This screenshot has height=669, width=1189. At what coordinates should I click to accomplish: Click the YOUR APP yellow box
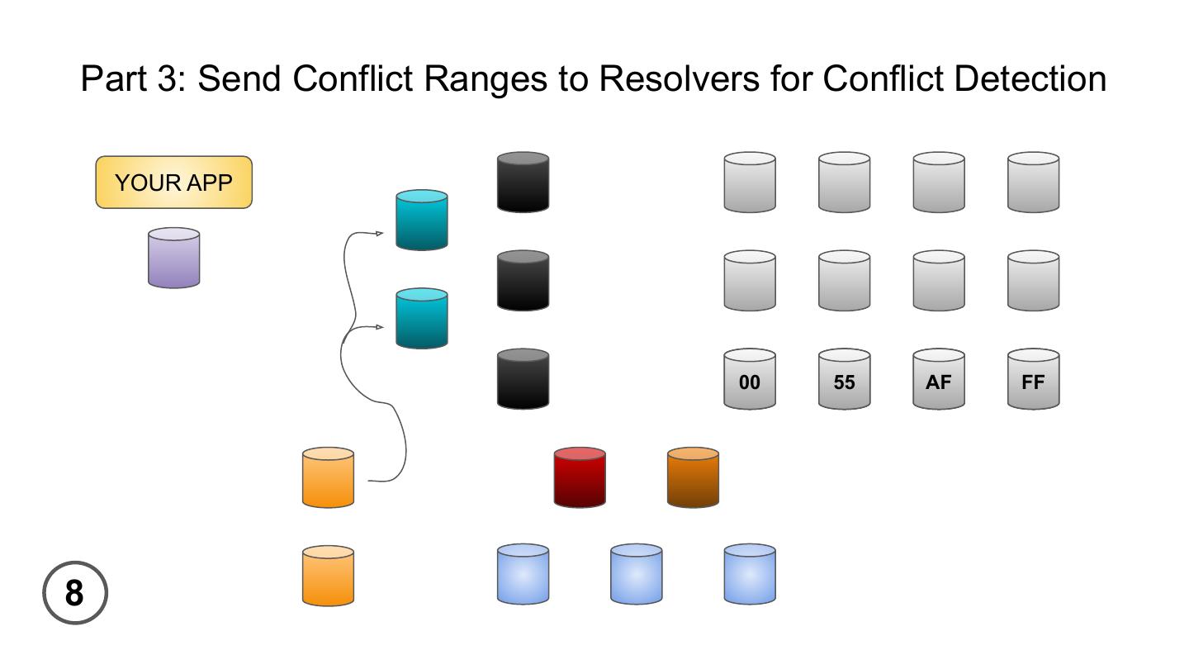[x=173, y=183]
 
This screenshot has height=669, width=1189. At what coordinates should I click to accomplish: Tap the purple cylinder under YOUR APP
[x=173, y=259]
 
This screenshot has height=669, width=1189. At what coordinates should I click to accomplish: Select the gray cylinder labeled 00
[x=750, y=379]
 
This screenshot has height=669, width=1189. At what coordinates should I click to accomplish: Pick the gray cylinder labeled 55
[x=844, y=379]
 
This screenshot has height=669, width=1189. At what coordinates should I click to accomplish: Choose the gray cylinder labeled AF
[x=939, y=379]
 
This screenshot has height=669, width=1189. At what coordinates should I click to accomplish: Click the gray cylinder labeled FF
[x=1033, y=379]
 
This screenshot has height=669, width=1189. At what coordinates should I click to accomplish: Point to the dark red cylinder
[x=580, y=477]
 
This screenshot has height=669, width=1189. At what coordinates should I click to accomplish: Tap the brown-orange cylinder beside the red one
[x=693, y=477]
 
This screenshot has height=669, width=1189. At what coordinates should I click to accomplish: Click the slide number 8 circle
[x=75, y=593]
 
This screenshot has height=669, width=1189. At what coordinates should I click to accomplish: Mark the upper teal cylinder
[x=422, y=220]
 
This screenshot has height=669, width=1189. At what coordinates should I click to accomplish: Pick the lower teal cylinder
[x=422, y=318]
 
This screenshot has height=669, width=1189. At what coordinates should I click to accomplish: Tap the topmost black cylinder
[x=523, y=182]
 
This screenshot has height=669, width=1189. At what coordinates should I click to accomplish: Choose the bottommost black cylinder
[x=523, y=379]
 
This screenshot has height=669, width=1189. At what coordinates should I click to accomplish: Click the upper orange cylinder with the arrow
[x=328, y=477]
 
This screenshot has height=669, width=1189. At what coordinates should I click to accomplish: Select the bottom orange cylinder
[x=328, y=576]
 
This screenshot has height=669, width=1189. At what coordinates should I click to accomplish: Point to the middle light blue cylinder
[x=636, y=574]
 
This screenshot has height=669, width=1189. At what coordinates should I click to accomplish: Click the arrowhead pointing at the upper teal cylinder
[x=380, y=234]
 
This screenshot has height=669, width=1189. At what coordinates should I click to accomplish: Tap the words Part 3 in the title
[x=132, y=78]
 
